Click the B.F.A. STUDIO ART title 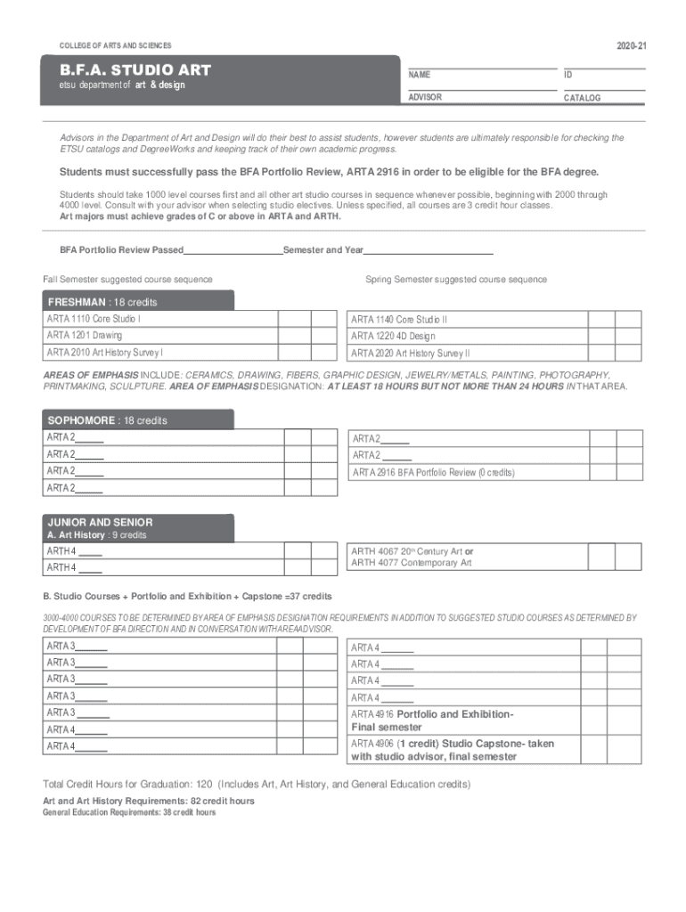coord(135,69)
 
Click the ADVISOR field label coord(425,97)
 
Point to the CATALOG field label coord(582,98)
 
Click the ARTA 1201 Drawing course coord(85,336)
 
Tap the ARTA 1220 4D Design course coord(393,336)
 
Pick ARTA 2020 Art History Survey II coord(410,353)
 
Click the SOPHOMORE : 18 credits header coord(107,420)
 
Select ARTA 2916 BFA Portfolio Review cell coord(433,472)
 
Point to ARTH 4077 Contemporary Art coord(412,563)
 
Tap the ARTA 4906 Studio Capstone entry coord(452,750)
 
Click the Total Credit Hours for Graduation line coord(257,785)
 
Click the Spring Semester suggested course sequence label coord(456,280)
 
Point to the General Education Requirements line coord(129,812)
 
